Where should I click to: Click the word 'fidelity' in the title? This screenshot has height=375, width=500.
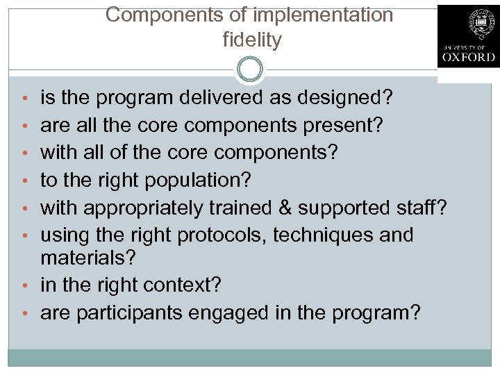(252, 40)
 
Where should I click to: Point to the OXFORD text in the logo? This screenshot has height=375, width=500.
(468, 58)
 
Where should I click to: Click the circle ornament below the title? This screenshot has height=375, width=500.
(250, 69)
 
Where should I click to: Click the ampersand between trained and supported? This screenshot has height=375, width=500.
(284, 208)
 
